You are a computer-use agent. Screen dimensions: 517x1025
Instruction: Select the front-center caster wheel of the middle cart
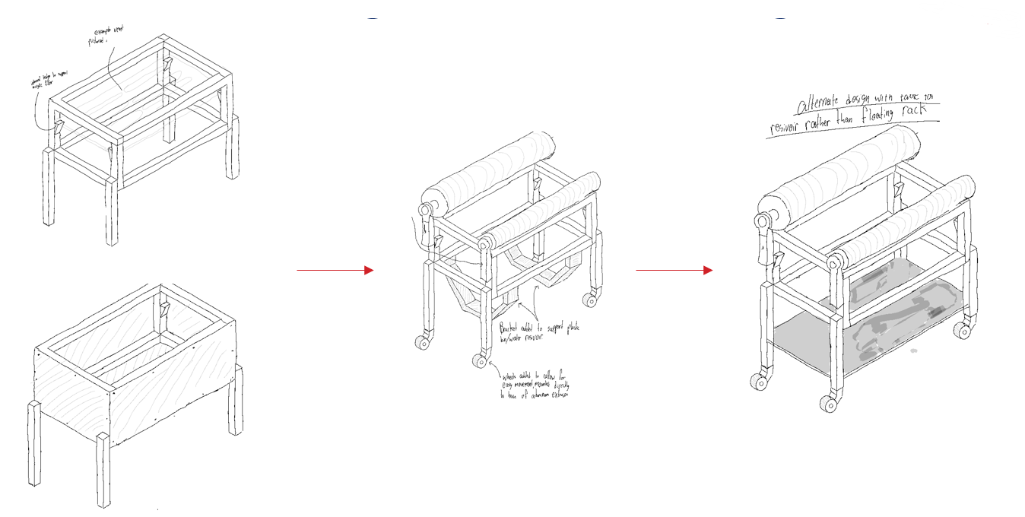click(479, 360)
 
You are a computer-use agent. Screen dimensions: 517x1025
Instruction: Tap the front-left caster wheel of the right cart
click(757, 381)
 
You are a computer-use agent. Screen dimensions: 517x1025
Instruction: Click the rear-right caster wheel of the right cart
click(963, 330)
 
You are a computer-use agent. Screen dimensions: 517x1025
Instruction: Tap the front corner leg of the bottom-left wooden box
click(103, 471)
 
